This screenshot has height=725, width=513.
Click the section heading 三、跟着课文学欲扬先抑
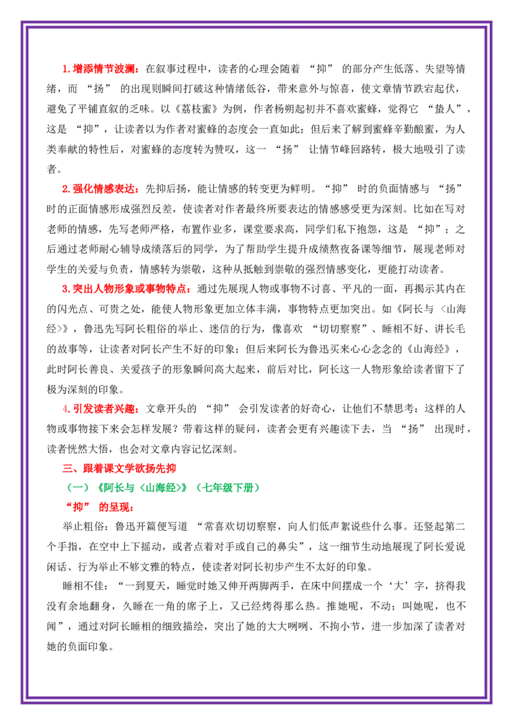[x=119, y=468]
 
